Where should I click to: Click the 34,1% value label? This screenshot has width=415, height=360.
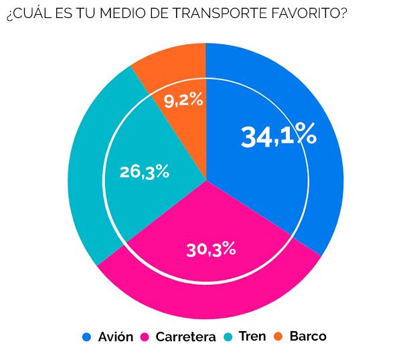[x=278, y=136]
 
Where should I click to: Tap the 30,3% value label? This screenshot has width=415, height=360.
[x=211, y=250]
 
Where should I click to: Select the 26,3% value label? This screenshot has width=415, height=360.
[x=145, y=172]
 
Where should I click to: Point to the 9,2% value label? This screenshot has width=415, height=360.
[x=183, y=100]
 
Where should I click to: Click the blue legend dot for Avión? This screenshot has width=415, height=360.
[x=86, y=337]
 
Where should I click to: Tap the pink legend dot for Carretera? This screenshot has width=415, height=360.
[x=145, y=337]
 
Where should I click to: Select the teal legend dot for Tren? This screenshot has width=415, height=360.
[x=228, y=337]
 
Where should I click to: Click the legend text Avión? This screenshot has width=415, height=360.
[x=115, y=337]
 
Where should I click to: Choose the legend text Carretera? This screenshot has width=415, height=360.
[x=185, y=337]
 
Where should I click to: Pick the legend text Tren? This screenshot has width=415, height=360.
[x=251, y=337]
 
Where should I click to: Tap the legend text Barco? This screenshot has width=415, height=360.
[x=308, y=337]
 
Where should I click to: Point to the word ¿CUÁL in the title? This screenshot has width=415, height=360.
[x=24, y=14]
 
